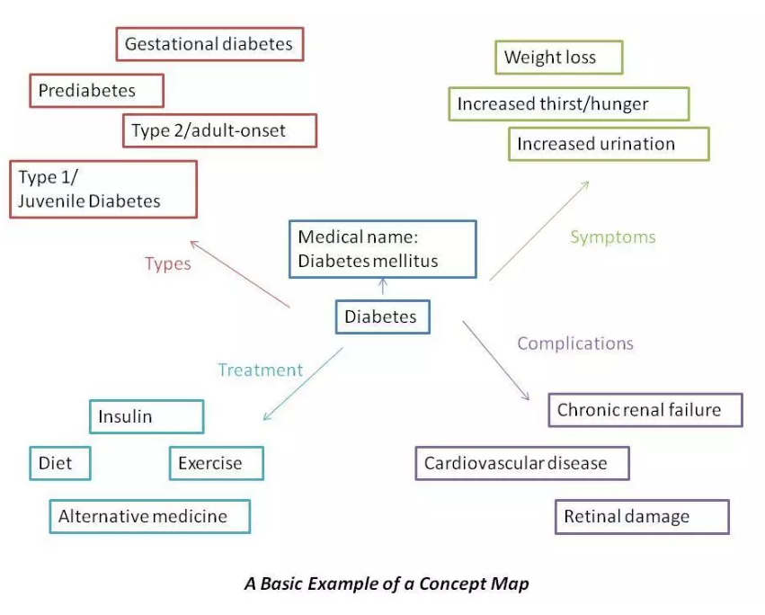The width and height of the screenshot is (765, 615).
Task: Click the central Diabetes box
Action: (382, 317)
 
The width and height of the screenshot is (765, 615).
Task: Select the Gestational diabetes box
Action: (210, 44)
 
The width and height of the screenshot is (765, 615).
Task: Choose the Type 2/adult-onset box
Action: (219, 130)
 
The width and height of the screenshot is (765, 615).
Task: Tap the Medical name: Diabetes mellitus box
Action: (381, 248)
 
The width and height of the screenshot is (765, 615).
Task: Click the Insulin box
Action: (147, 416)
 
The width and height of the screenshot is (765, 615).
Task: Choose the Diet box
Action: (60, 464)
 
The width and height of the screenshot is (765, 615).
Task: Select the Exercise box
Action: (216, 464)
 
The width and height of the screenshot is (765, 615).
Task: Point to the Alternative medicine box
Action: (149, 516)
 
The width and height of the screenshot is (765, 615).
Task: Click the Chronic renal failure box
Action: (645, 410)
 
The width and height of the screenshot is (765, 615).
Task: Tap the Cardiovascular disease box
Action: (521, 464)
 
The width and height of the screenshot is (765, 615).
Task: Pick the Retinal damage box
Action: (641, 517)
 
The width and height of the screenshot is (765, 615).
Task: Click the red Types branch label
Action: (168, 264)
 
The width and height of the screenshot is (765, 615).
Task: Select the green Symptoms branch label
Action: (613, 237)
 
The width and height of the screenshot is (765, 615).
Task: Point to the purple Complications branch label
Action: (575, 343)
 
